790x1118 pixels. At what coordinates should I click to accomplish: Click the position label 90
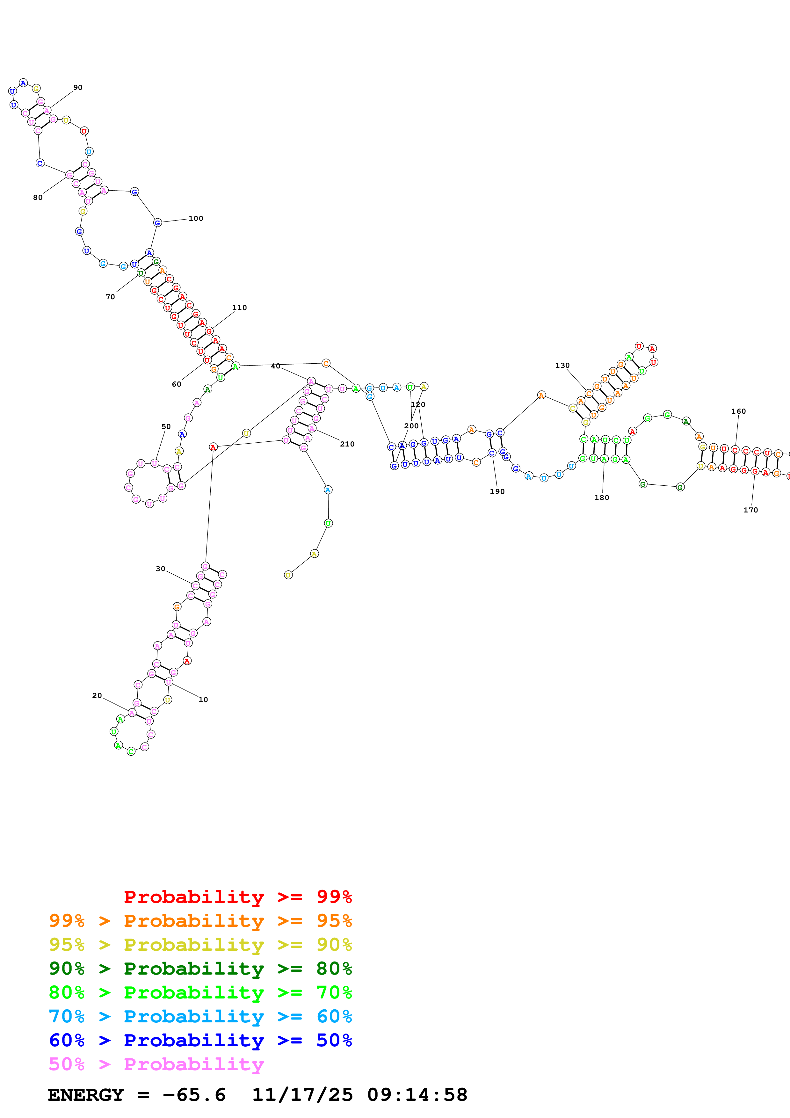(x=78, y=88)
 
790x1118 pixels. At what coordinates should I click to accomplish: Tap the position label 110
(x=239, y=308)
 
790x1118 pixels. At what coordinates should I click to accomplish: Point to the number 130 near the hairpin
(x=562, y=365)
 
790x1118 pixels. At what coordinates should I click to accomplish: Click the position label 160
(x=738, y=411)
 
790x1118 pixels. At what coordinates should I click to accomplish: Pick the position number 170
(x=750, y=510)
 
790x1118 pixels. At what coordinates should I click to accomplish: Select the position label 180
(x=602, y=497)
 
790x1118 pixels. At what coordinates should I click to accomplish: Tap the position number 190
(x=497, y=492)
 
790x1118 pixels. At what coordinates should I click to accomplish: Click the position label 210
(x=347, y=444)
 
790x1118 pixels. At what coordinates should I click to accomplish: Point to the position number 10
(x=203, y=700)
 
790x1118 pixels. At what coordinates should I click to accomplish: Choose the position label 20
(x=97, y=695)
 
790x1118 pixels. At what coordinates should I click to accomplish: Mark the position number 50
(x=166, y=426)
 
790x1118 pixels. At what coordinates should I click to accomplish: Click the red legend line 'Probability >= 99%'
(x=237, y=897)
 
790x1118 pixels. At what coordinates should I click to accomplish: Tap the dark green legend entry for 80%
(x=200, y=969)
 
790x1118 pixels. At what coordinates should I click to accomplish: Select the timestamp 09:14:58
(x=417, y=1095)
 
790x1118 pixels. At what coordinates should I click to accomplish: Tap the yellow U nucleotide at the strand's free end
(x=288, y=575)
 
